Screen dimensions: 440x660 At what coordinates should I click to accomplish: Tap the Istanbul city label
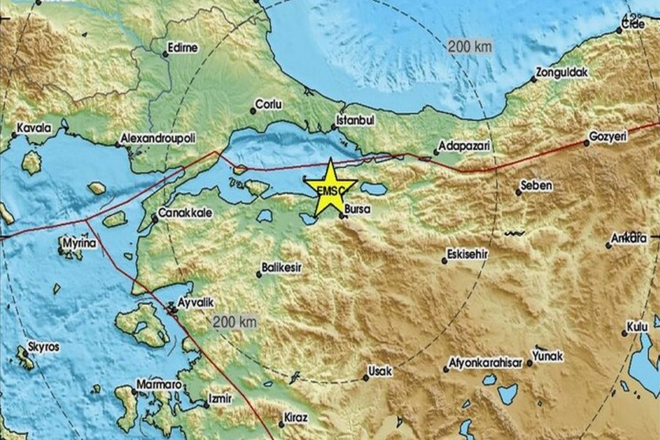(355, 120)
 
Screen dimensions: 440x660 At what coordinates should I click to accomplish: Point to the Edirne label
(182, 48)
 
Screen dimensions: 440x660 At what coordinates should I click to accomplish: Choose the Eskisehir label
(469, 254)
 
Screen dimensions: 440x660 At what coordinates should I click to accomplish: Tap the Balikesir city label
(282, 266)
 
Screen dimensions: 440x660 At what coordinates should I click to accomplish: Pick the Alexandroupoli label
(159, 138)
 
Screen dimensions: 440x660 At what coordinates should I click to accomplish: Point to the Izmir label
(221, 399)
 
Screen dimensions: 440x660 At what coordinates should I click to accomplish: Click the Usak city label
(380, 372)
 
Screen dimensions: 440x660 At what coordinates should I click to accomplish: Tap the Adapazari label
(463, 146)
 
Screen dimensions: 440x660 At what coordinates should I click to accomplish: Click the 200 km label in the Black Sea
(471, 46)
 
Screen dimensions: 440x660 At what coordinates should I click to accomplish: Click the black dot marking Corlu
(252, 111)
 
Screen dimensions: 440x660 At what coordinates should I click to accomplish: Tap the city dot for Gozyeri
(587, 144)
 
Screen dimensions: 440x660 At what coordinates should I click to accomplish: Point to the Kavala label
(34, 128)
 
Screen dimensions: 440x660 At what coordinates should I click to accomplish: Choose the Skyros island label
(43, 347)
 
